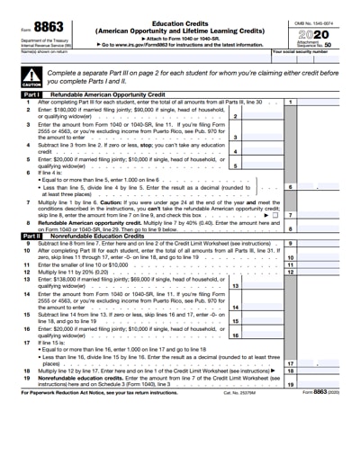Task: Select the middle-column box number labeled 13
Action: pos(235,286)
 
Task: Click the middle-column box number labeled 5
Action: pos(235,165)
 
